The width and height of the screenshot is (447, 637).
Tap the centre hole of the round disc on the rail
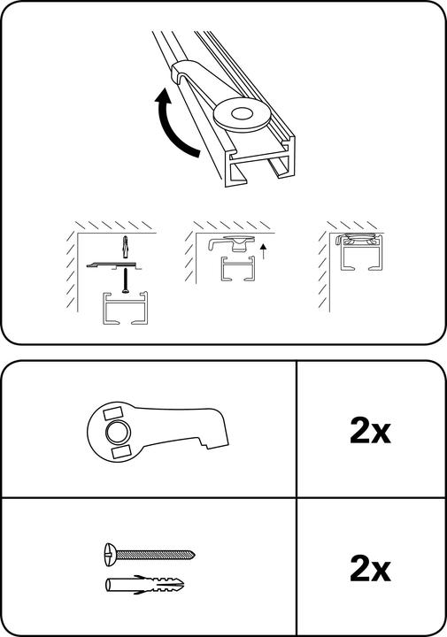click(242, 113)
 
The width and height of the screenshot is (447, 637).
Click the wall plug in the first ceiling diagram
click(125, 247)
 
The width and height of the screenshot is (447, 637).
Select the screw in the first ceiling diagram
click(126, 280)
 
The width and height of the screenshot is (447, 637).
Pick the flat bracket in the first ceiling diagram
click(114, 265)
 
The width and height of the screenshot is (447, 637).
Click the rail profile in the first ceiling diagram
click(126, 308)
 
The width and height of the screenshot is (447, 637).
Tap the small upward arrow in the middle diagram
click(263, 251)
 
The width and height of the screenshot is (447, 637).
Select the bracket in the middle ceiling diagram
click(232, 243)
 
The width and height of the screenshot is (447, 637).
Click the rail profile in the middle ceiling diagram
click(238, 269)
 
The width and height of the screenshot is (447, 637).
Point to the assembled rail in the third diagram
click(360, 252)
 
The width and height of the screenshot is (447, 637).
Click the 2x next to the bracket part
click(370, 431)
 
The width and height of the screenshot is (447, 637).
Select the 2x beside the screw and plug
click(370, 569)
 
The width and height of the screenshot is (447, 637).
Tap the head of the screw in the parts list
click(111, 554)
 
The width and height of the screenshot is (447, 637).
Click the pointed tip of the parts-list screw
click(193, 554)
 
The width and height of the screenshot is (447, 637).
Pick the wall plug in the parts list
click(144, 585)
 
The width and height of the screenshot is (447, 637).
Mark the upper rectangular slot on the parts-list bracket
click(113, 413)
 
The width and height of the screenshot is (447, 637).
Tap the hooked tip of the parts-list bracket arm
click(221, 443)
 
